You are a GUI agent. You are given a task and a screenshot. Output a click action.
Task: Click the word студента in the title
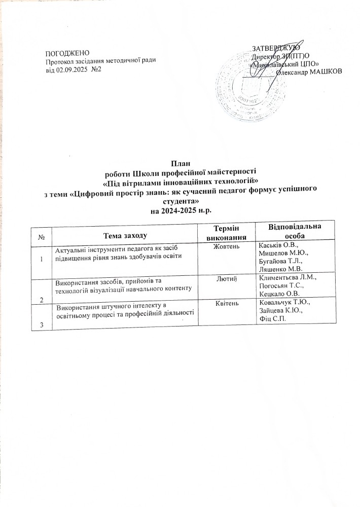click(180, 202)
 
